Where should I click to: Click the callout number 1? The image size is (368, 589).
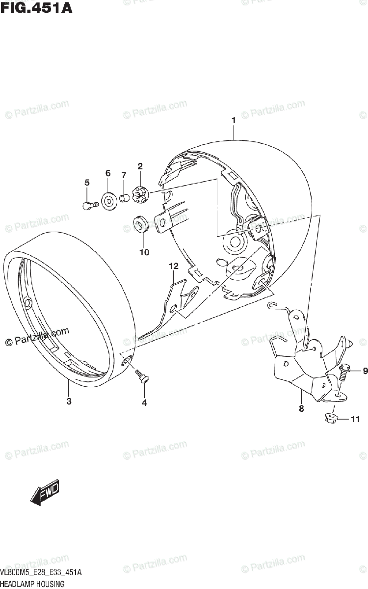(234, 120)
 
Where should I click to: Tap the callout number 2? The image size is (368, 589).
(140, 167)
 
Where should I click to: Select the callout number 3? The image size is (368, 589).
(69, 402)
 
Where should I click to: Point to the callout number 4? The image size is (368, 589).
(144, 403)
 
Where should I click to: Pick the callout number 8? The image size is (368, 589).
(301, 408)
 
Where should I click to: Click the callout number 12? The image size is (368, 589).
(173, 267)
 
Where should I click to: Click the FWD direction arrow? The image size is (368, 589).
(45, 492)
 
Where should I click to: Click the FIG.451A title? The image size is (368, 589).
(36, 8)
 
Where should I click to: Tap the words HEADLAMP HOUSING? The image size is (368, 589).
(32, 584)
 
